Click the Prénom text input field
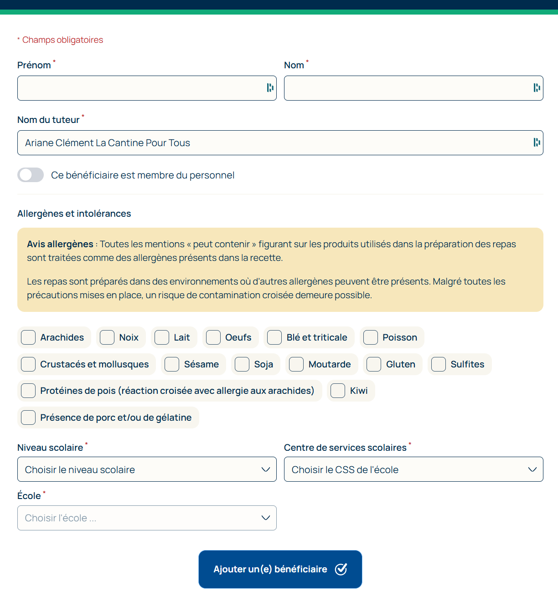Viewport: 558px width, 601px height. click(141, 88)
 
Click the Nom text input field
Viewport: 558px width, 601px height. click(408, 88)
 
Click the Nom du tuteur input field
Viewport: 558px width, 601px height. click(274, 143)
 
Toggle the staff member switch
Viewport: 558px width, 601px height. click(31, 175)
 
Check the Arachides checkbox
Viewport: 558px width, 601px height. click(28, 337)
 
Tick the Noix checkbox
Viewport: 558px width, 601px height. click(107, 337)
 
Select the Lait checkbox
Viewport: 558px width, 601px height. click(162, 337)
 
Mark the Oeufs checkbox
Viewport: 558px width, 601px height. click(213, 337)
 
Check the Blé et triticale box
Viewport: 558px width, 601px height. click(274, 337)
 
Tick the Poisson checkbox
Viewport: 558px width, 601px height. click(371, 337)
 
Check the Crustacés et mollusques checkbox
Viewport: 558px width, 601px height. click(28, 364)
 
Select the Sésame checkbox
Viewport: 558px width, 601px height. click(172, 364)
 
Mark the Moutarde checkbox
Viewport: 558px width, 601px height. click(296, 364)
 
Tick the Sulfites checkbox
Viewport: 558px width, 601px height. click(439, 364)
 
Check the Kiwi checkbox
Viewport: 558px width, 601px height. click(338, 391)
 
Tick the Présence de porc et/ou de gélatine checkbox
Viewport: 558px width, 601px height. click(28, 418)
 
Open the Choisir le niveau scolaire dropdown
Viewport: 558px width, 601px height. click(147, 469)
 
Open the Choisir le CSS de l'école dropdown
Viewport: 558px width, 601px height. click(413, 469)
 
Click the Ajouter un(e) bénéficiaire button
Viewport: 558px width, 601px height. click(280, 569)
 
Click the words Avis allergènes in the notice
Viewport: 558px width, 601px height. click(60, 244)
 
